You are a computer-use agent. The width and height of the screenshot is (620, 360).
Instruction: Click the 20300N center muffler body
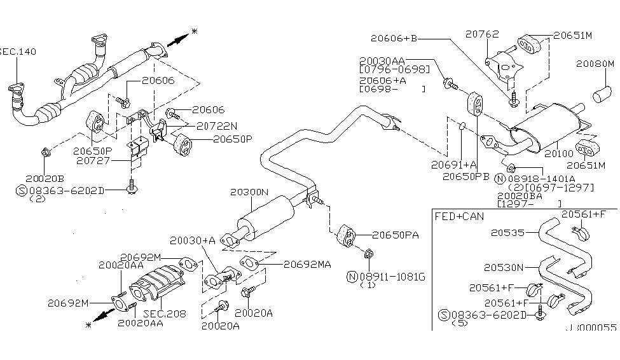point(264,216)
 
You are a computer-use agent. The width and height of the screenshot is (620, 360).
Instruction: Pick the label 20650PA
point(396,235)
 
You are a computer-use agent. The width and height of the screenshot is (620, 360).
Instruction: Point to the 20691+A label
point(450,163)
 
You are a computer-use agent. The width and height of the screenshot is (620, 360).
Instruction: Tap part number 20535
point(507,233)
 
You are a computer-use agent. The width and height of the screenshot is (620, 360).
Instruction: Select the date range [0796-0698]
point(394,69)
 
